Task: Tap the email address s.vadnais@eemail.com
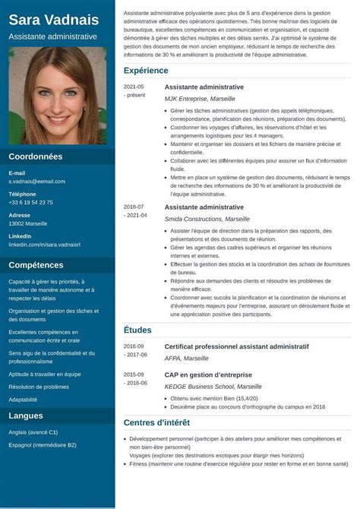pos(36,182)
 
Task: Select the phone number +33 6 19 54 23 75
pos(30,203)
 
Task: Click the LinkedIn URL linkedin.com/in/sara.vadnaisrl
pos(44,245)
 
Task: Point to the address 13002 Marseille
pos(27,224)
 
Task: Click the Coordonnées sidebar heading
pos(35,156)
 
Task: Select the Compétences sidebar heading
pos(36,265)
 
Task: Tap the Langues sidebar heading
pos(26,416)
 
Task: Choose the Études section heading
pos(137,330)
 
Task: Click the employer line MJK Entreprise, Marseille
pos(201,99)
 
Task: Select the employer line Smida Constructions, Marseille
pos(207,219)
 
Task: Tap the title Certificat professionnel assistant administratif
pos(236,346)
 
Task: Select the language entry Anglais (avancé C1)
pos(33,432)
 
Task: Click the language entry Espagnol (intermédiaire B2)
pos(42,444)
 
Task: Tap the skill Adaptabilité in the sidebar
pos(23,399)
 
